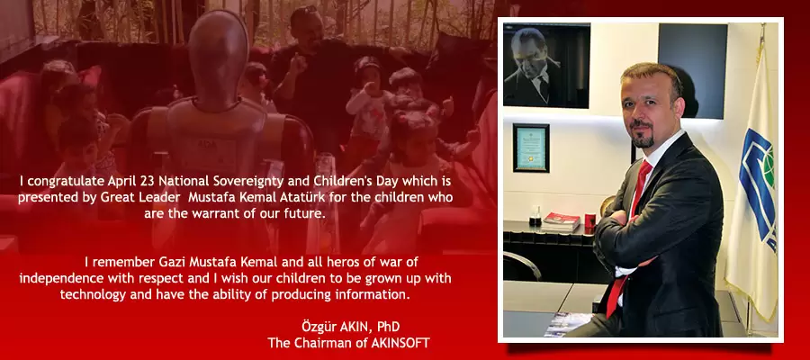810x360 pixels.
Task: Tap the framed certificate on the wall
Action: pos(531,147)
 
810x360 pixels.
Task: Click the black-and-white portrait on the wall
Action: pos(546,66)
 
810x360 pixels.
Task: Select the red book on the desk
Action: pos(562,219)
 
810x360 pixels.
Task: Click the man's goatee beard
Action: pos(641,139)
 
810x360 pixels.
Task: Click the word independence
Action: pos(60,277)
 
